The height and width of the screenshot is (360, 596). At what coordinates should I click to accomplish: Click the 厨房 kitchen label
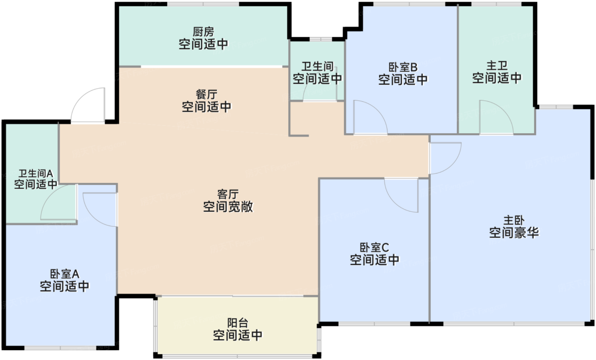click(203, 32)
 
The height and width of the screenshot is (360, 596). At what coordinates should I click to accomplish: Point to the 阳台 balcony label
click(237, 323)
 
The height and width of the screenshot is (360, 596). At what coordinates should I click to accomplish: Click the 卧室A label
click(65, 273)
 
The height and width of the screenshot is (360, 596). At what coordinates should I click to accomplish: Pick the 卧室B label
click(403, 67)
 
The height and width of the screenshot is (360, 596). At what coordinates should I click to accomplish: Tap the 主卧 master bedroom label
click(514, 220)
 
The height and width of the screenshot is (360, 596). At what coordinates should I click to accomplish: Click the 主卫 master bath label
click(497, 66)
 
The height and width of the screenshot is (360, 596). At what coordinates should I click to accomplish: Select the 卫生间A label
click(35, 174)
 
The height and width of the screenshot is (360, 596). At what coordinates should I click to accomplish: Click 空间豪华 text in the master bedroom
click(514, 233)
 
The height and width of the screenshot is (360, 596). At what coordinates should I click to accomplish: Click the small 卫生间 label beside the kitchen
click(317, 66)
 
